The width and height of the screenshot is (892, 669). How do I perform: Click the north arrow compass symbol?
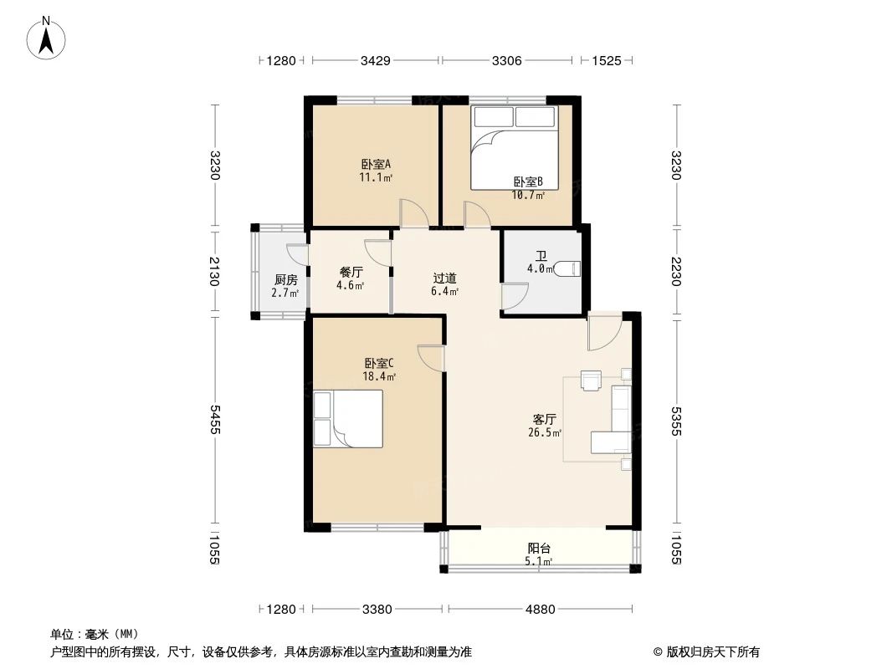click(x=48, y=38)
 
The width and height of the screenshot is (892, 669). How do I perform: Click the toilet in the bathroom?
click(x=567, y=268)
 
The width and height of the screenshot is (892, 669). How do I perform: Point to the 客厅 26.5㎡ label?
click(x=545, y=426)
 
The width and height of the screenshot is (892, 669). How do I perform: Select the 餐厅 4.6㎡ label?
click(x=351, y=278)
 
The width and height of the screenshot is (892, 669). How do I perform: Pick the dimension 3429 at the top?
click(x=375, y=60)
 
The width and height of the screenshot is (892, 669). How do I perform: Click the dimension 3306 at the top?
click(x=507, y=60)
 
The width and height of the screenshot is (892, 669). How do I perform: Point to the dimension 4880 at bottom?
click(x=540, y=610)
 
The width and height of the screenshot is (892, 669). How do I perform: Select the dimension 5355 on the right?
click(x=676, y=421)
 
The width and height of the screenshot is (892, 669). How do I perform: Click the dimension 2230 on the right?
click(x=676, y=270)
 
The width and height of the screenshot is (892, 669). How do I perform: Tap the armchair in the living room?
click(x=592, y=380)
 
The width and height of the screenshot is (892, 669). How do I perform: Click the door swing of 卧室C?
click(x=431, y=358)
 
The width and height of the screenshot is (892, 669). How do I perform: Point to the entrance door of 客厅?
click(x=602, y=332)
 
